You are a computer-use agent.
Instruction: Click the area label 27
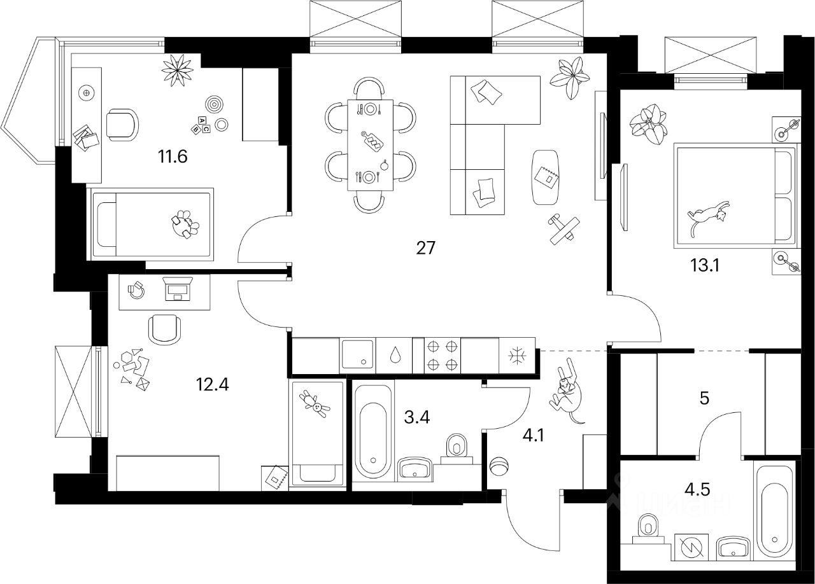click(425, 247)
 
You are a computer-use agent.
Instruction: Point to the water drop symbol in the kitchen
click(394, 355)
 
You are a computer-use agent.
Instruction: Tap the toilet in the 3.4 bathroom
click(457, 448)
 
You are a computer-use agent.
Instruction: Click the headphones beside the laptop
click(135, 289)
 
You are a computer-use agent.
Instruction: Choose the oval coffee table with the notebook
click(547, 177)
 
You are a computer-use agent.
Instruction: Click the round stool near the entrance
click(499, 465)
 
